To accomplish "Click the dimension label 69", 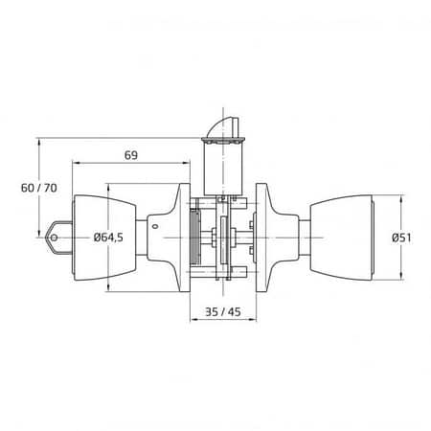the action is coord(131,155).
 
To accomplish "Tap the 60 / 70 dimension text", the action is coord(39,188).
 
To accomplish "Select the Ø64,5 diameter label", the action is coord(108,238).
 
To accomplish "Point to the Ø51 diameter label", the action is coord(401,238).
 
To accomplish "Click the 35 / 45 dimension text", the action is coord(223,311).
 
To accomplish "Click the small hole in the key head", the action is coord(54,238).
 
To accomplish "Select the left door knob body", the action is coord(105,238).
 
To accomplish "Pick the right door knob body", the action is coord(341,238).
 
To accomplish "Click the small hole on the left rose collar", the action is coord(155,227).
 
